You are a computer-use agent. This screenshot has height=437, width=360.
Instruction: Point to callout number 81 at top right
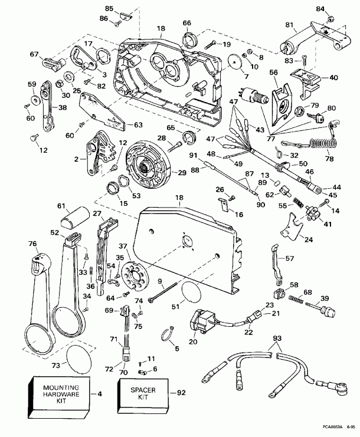click(289, 25)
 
